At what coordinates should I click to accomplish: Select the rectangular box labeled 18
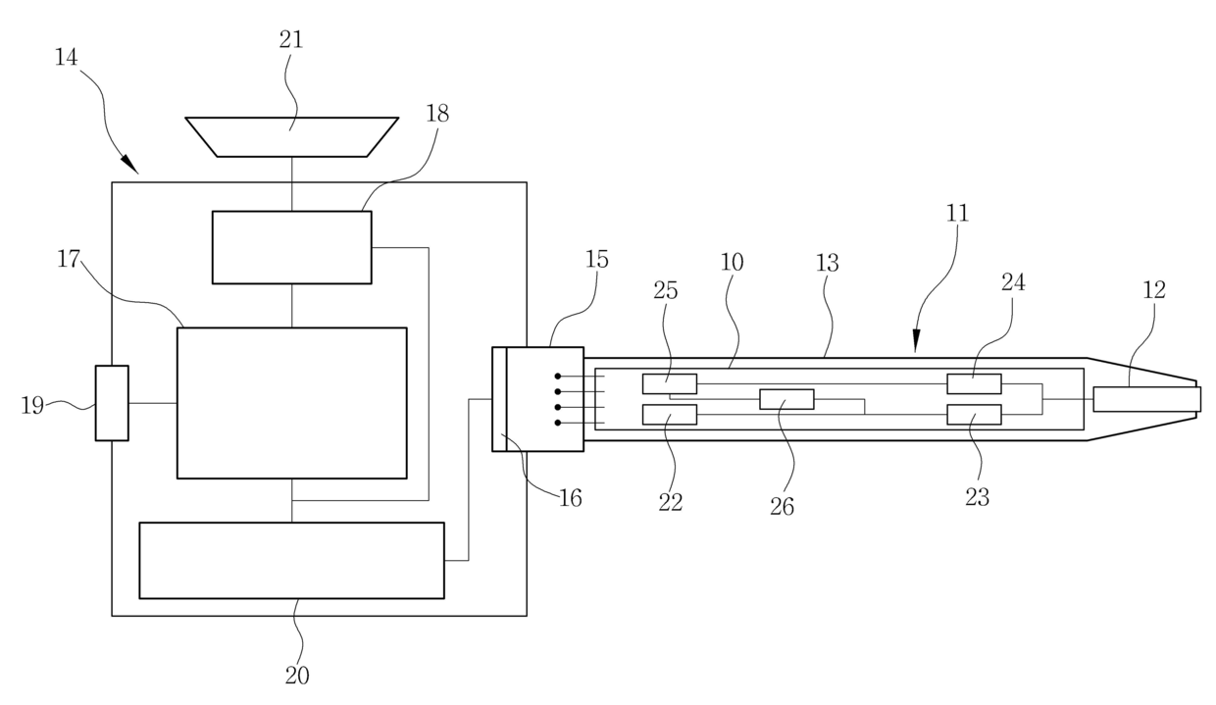292,247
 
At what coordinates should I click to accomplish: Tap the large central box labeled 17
291,403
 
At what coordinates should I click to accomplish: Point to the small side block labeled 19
112,403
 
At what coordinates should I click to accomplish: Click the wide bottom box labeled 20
291,560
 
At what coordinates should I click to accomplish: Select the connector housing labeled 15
545,399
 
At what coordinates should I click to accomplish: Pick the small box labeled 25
670,383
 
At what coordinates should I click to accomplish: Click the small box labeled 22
670,415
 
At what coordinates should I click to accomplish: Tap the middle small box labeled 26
786,399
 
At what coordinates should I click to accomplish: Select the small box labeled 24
974,383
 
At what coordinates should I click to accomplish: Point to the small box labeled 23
974,415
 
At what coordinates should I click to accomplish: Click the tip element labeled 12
1146,399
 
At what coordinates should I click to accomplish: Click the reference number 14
67,57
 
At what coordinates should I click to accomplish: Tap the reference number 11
957,213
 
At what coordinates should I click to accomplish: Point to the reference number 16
570,498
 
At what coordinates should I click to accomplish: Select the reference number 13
828,262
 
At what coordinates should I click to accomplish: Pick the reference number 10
732,262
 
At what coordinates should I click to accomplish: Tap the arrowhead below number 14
128,164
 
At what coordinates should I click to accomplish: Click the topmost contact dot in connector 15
557,376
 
